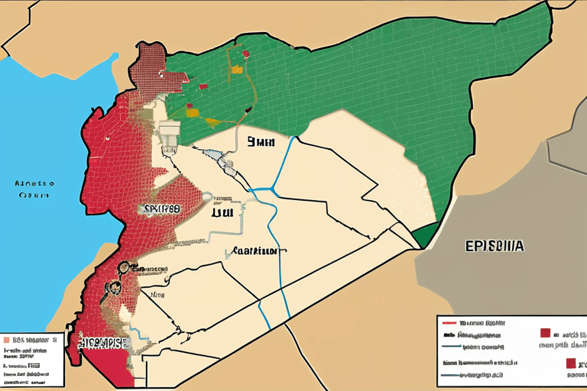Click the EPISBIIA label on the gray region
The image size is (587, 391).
(494, 247)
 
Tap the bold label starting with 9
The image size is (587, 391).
(261, 141)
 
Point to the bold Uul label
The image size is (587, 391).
(222, 214)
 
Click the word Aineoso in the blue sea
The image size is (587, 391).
(35, 184)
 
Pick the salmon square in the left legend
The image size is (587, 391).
(7, 338)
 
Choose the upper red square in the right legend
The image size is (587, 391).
(545, 333)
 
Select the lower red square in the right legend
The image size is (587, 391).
(570, 364)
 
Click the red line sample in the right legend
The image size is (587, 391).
(449, 322)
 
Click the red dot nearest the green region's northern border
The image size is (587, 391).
(245, 54)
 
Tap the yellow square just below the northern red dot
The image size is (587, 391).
(237, 69)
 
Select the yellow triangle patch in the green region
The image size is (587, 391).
(192, 113)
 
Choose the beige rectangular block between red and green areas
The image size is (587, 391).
(170, 132)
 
